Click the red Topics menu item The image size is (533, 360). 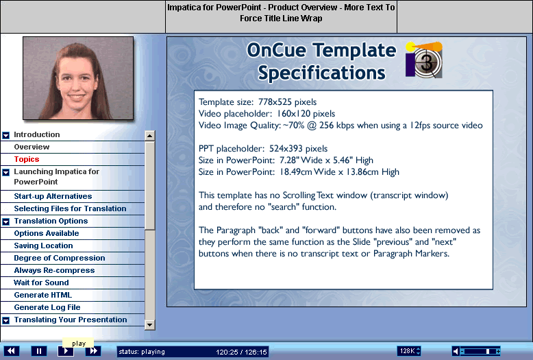pyautogui.click(x=27, y=159)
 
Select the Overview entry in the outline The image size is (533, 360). pyautogui.click(x=32, y=147)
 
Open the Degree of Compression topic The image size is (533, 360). pyautogui.click(x=60, y=258)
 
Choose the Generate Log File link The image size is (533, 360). pyautogui.click(x=47, y=307)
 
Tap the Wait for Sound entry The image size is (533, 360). pyautogui.click(x=41, y=283)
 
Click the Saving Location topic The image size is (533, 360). pyautogui.click(x=43, y=245)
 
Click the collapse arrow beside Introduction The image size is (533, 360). pyautogui.click(x=5, y=135)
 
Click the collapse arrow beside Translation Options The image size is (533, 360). pyautogui.click(x=5, y=222)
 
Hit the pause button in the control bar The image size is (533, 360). pyautogui.click(x=39, y=351)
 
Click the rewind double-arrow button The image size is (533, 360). pyautogui.click(x=11, y=351)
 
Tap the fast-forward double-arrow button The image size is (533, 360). pyautogui.click(x=92, y=351)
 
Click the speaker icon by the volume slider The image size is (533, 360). pyautogui.click(x=456, y=351)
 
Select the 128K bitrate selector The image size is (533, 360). pyautogui.click(x=409, y=351)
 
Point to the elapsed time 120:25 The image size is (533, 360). pyautogui.click(x=227, y=352)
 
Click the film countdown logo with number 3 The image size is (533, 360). pyautogui.click(x=424, y=60)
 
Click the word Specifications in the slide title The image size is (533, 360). pyautogui.click(x=321, y=73)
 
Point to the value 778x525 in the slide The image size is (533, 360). pyautogui.click(x=275, y=102)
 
